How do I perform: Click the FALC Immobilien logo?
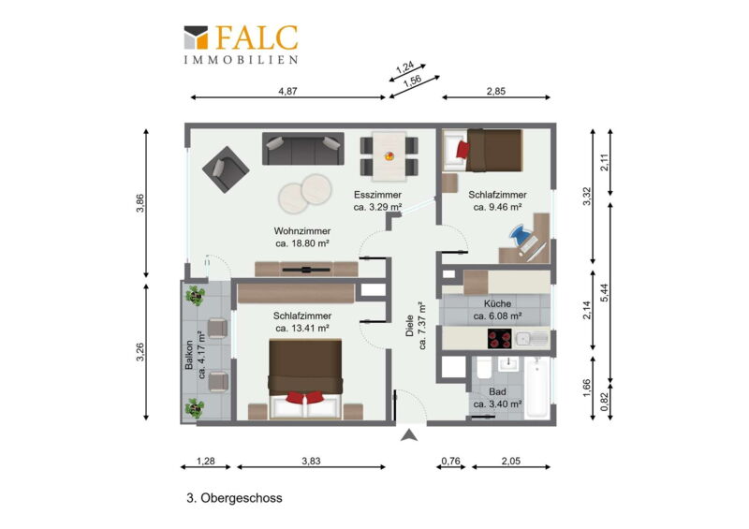coord(242,44)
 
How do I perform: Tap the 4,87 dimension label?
coord(287,91)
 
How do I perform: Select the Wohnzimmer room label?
coord(302,237)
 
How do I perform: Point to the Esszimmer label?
coord(377,200)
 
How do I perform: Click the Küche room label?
coord(497,310)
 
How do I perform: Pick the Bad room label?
coord(497,398)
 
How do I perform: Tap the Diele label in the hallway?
coord(416,326)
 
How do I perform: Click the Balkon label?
coord(196,355)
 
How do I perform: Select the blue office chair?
coord(520,235)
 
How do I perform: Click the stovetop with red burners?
coord(499,339)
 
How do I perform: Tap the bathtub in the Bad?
coord(536,388)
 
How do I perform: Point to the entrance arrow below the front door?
coord(408,435)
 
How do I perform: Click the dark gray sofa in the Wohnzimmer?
coord(302,149)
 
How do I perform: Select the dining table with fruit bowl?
coord(389,156)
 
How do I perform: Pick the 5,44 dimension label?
coord(605,292)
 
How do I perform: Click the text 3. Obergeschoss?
coord(234,498)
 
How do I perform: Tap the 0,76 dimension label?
coord(450,461)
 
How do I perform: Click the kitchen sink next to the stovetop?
coord(531,339)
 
